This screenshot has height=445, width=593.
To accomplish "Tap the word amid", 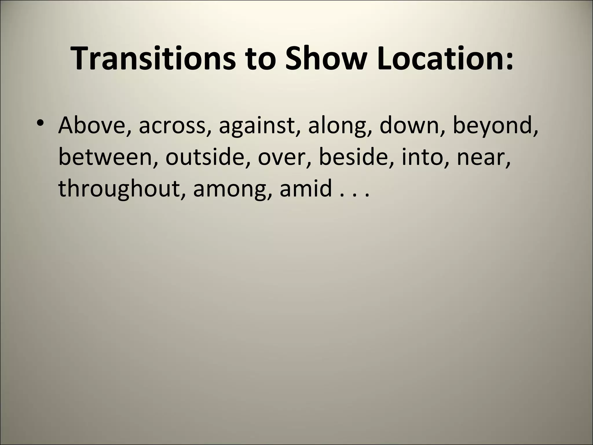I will coord(305,188).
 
